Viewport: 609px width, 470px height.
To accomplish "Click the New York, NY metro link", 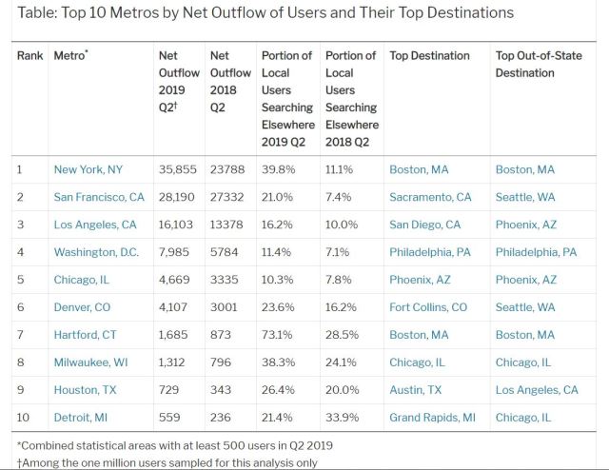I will pyautogui.click(x=88, y=169).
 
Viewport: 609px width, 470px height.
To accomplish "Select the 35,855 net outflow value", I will pyautogui.click(x=176, y=169).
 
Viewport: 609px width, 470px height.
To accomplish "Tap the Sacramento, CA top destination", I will pyautogui.click(x=430, y=197).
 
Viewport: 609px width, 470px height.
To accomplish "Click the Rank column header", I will pyautogui.click(x=31, y=55).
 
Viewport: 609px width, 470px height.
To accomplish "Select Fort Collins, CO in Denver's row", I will pyautogui.click(x=428, y=307).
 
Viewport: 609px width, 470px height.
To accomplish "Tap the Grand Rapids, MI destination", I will pyautogui.click(x=433, y=418).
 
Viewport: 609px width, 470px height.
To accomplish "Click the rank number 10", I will pyautogui.click(x=24, y=418).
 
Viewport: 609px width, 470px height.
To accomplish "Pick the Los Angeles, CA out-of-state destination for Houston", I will pyautogui.click(x=537, y=390).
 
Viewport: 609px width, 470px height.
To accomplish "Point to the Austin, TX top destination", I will pyautogui.click(x=416, y=390).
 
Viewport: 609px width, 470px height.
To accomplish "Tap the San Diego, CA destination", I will pyautogui.click(x=424, y=225).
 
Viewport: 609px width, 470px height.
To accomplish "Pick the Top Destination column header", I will pyautogui.click(x=429, y=55).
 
